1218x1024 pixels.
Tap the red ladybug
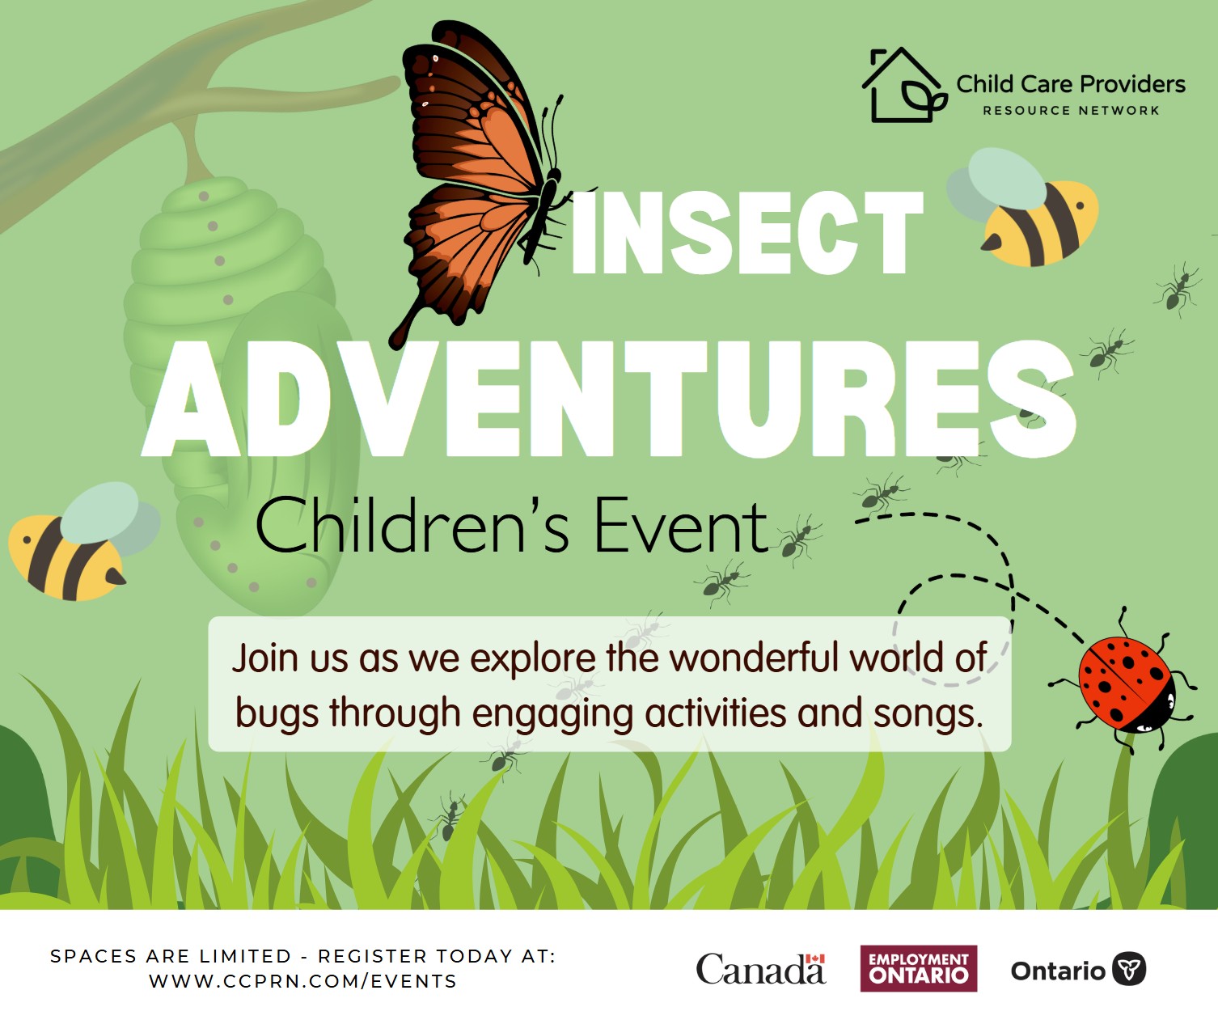click(1123, 683)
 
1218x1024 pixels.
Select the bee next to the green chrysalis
click(82, 543)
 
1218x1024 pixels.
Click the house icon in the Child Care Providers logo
click(903, 85)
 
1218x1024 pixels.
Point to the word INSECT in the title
click(746, 234)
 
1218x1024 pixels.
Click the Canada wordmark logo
click(761, 969)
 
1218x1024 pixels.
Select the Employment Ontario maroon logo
click(919, 968)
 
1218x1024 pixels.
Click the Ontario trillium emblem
click(1129, 968)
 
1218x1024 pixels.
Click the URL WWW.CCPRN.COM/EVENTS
click(302, 981)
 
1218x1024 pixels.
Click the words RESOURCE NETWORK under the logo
click(1071, 111)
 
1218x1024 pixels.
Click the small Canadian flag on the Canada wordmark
click(815, 958)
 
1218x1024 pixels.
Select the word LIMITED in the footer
click(245, 956)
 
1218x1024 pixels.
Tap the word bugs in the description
click(277, 714)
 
